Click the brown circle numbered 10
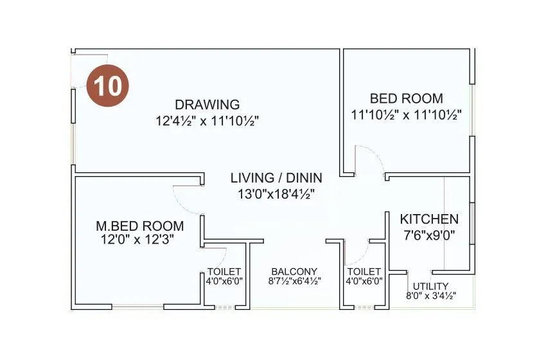point(109,85)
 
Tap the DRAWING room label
point(207,104)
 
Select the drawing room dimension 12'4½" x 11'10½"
point(207,120)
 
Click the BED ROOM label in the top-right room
point(406,99)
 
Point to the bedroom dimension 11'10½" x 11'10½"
point(406,114)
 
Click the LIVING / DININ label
point(276,178)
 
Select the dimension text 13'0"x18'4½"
point(276,193)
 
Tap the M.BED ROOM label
point(139,226)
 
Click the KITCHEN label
point(429,219)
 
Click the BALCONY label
point(294,271)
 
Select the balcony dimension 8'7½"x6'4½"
point(294,281)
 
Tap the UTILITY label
point(430,286)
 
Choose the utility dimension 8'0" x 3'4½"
point(430,296)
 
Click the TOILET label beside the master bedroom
point(224,271)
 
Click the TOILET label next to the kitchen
point(364,271)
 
